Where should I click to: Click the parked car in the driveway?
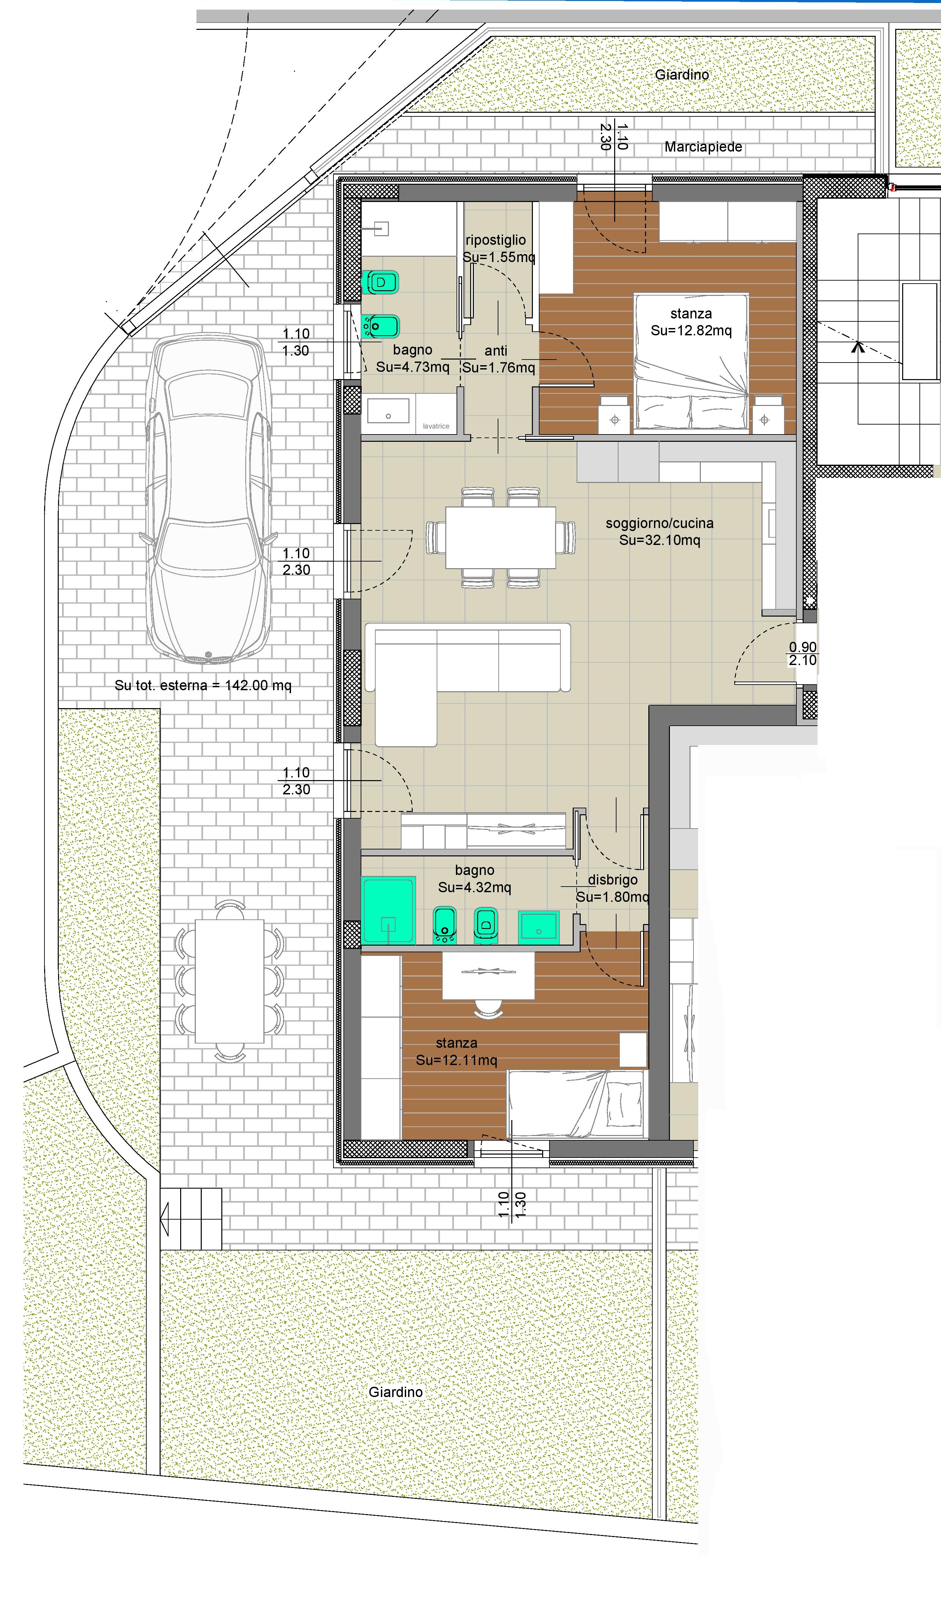coord(208,500)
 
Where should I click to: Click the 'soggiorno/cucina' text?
coord(660,523)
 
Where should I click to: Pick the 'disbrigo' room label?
coord(613,880)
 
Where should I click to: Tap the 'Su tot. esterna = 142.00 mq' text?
coord(203,686)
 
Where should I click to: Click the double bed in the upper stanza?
coord(691,362)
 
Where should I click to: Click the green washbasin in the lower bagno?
coord(539,925)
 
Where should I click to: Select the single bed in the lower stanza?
coord(577,1103)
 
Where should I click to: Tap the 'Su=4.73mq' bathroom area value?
coord(412,367)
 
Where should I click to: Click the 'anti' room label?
coord(496,351)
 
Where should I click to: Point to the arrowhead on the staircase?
coord(858,346)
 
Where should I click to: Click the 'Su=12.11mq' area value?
coord(457,1060)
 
